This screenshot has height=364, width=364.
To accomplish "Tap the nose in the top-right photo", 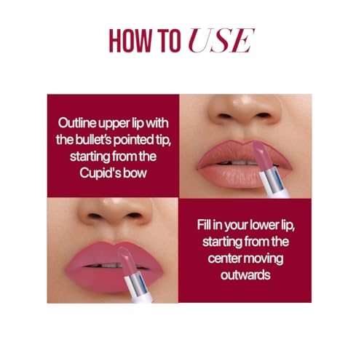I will pyautogui.click(x=245, y=109).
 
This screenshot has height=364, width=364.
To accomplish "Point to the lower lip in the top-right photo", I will pyautogui.click(x=233, y=175).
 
